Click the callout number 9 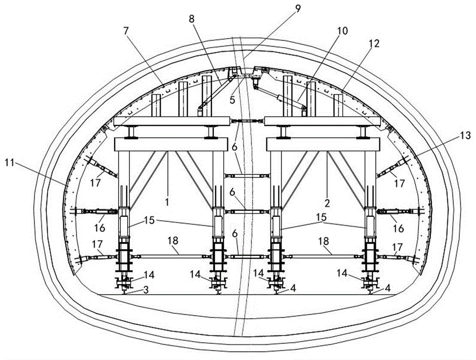298,9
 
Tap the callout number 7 126,30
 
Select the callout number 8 191,19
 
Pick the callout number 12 375,43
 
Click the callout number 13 466,135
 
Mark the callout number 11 10,163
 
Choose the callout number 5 232,100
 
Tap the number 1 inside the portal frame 167,202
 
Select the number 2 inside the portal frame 327,203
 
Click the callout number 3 146,290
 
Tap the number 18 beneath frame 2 324,241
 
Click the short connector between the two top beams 247,121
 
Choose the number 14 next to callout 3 149,275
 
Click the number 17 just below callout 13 399,183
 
